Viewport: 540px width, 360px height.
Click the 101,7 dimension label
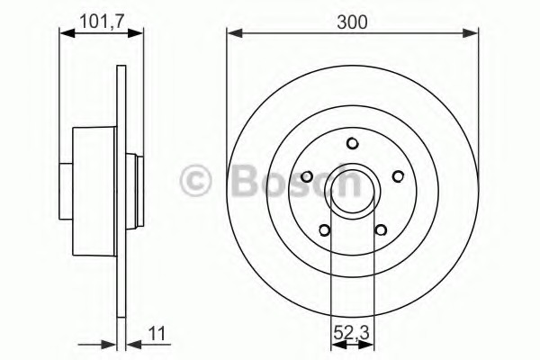101,22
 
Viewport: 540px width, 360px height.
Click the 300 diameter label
352,22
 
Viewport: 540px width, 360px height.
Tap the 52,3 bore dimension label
352,333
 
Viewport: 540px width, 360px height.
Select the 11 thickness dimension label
157,334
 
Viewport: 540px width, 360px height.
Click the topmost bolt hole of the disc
352,143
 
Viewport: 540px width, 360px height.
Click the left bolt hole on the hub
307,176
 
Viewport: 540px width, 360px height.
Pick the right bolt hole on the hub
398,176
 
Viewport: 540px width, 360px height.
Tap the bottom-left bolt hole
324,230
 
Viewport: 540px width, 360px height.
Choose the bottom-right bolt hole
381,229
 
